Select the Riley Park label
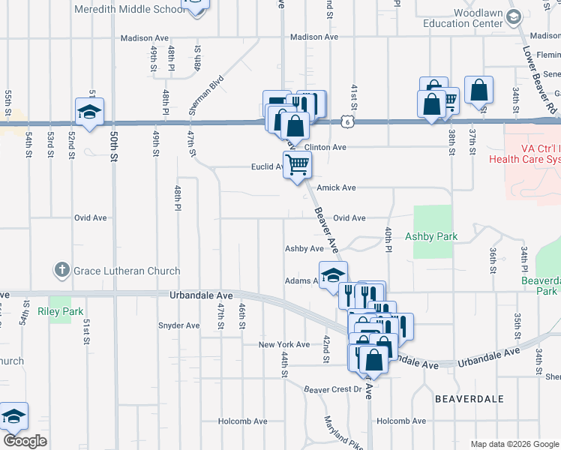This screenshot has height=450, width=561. [59, 310]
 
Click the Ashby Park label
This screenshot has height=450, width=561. [431, 236]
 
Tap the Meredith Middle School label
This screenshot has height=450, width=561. [128, 10]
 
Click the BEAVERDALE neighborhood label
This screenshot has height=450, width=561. [469, 399]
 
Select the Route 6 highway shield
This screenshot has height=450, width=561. [346, 121]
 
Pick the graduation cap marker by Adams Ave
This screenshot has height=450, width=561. [333, 274]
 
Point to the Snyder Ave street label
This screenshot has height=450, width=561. [178, 325]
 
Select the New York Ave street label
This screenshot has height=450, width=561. [283, 345]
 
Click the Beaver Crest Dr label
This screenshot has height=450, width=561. [332, 389]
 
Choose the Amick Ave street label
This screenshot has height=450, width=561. [335, 187]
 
